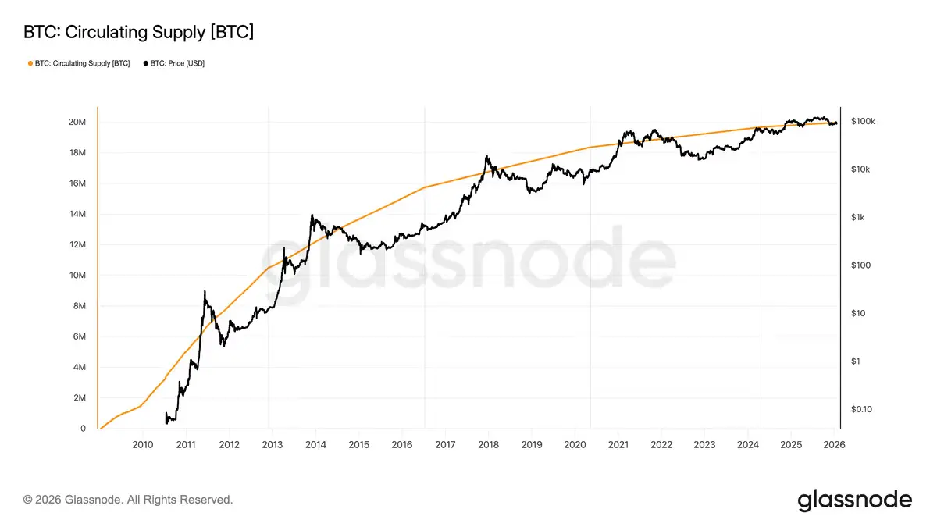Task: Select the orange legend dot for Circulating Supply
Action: point(30,63)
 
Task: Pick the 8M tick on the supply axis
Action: point(78,306)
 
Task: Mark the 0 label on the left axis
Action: point(82,429)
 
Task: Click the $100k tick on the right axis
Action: point(863,122)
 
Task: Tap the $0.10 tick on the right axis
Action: point(861,409)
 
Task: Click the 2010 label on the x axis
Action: point(142,445)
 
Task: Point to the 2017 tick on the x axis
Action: point(445,445)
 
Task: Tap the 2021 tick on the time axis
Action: point(618,445)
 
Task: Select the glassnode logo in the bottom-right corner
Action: point(854,500)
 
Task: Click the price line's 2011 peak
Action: point(205,291)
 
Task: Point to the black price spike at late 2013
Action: point(312,215)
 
